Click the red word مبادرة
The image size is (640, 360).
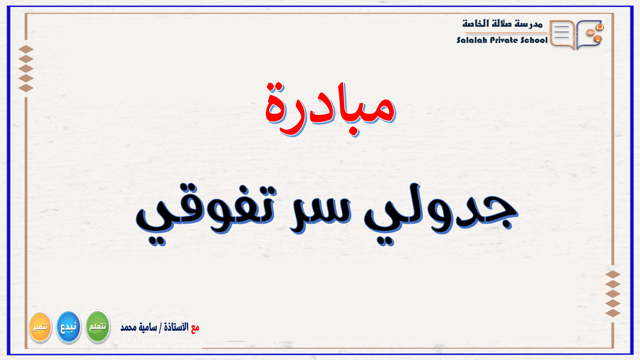coord(330,108)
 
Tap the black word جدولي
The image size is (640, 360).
coord(440,212)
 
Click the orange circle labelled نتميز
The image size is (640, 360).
coord(40,327)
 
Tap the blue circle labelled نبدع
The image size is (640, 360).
coord(69,327)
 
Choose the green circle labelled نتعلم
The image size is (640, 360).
coord(98,327)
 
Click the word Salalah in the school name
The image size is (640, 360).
coord(472,40)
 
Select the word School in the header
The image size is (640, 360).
coord(534,40)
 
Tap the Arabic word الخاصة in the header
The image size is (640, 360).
coord(476,24)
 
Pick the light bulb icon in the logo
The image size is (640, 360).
coord(598,39)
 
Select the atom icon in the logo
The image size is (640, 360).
coord(590,33)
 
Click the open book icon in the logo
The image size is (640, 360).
coord(599,27)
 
